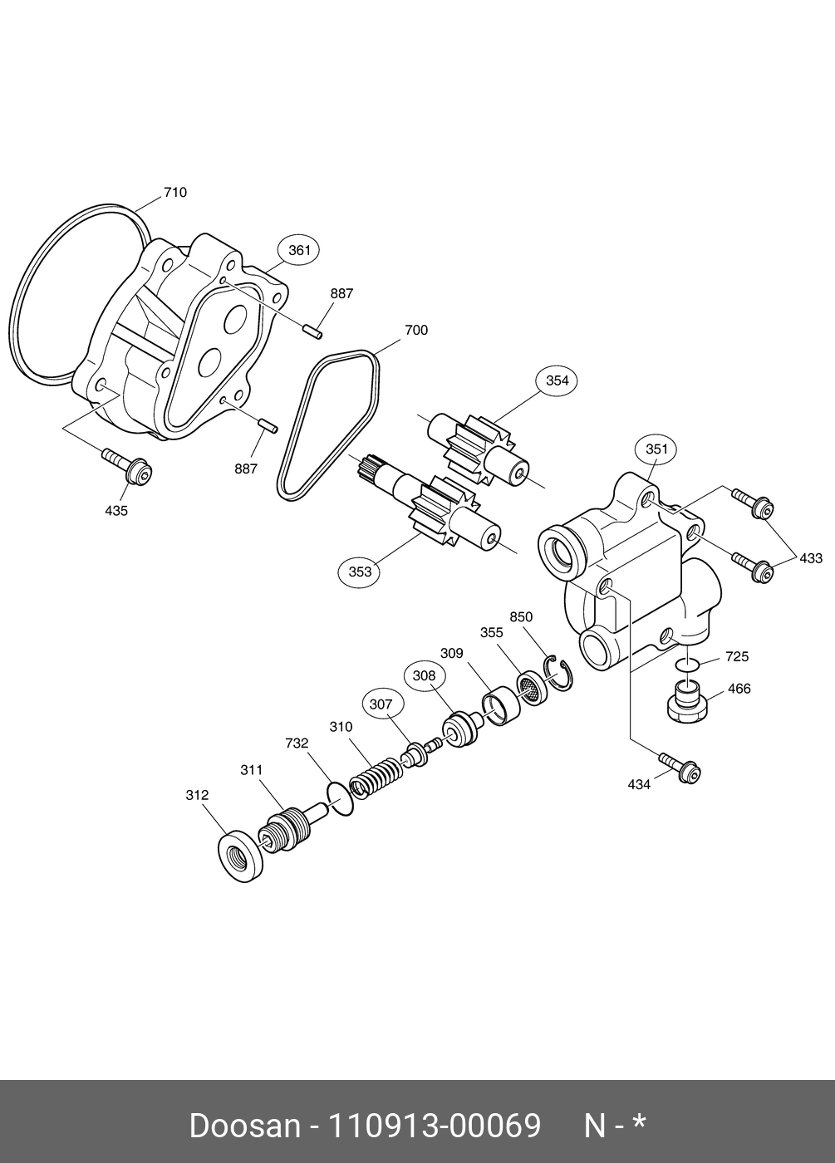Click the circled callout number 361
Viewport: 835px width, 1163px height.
coord(298,249)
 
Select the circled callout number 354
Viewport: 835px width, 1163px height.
coord(557,380)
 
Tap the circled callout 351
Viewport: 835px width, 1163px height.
coord(656,449)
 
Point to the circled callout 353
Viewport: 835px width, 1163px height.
coord(360,572)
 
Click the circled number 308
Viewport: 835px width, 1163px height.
coord(424,675)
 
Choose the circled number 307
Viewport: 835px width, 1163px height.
coord(381,704)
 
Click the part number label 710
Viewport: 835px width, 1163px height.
coord(175,193)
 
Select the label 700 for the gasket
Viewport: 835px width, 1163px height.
coord(416,331)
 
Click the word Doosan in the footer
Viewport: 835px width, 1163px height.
coord(243,1126)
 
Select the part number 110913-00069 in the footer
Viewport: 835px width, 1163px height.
coord(435,1126)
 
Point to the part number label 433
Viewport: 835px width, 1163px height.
coord(811,558)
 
